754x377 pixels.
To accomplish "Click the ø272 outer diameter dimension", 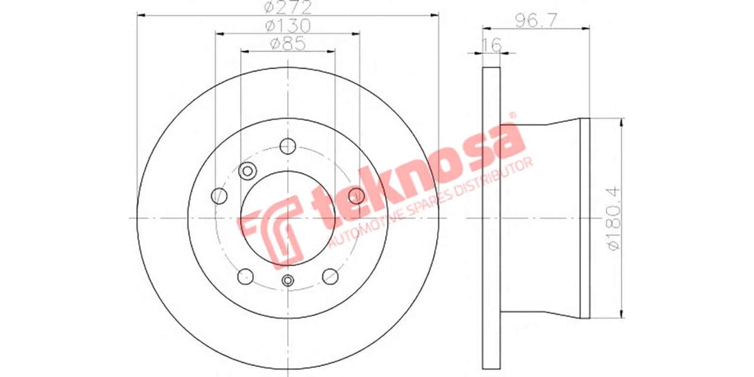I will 288,8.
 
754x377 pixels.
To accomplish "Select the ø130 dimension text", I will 288,26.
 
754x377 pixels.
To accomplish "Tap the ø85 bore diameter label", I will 288,44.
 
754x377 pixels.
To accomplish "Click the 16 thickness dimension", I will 491,45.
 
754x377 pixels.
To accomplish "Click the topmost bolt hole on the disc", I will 288,145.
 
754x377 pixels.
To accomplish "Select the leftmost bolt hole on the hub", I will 219,195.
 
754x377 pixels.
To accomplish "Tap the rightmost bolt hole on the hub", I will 356,195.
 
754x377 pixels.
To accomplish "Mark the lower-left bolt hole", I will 246,276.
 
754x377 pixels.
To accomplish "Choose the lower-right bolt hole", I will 330,276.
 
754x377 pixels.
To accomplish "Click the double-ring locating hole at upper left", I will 248,170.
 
